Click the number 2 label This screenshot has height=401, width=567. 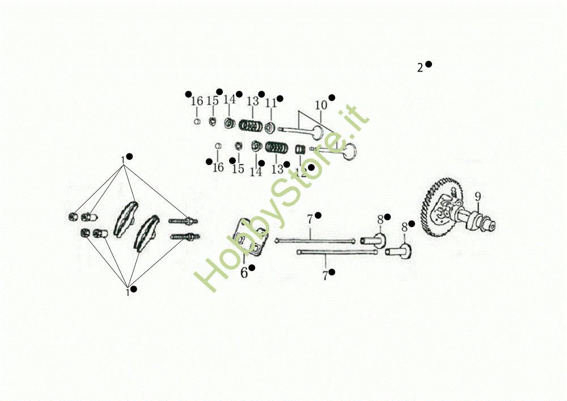(x=420, y=68)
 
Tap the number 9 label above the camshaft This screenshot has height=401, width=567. (x=478, y=197)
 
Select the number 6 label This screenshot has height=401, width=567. (x=244, y=273)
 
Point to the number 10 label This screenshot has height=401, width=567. (x=321, y=105)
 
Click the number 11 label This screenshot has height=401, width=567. (x=271, y=103)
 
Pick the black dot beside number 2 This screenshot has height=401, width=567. (x=429, y=64)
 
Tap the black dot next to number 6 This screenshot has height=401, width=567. (x=252, y=267)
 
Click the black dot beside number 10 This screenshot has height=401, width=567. (x=332, y=98)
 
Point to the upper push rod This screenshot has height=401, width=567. (x=315, y=240)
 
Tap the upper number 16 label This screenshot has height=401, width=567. (x=197, y=102)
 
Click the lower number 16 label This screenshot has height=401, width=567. (x=218, y=168)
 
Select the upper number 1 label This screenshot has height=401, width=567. (x=122, y=160)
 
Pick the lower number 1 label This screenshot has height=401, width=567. (x=128, y=293)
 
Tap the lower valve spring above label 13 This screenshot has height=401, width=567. (x=276, y=148)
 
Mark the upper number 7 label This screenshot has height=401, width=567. (x=310, y=219)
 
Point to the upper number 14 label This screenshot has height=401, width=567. (x=229, y=100)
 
